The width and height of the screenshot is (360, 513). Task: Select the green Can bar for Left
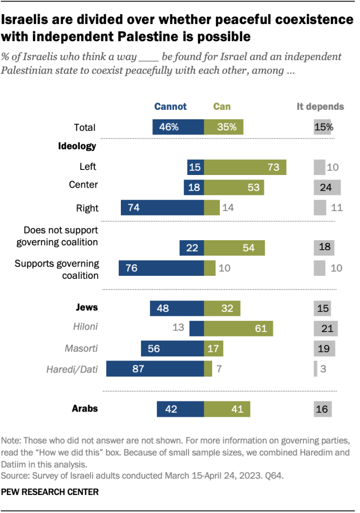click(245, 167)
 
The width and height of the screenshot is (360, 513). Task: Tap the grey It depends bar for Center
click(327, 187)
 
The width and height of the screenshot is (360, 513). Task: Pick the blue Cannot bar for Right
click(162, 207)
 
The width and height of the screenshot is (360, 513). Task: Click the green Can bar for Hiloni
click(239, 328)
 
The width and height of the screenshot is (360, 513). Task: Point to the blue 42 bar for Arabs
click(181, 409)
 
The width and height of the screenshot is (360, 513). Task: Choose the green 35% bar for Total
click(224, 127)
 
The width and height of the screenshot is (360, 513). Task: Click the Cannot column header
click(170, 106)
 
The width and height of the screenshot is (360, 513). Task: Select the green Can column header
click(222, 106)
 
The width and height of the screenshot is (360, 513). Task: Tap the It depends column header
click(326, 106)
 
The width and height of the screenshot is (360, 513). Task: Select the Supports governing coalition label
click(57, 269)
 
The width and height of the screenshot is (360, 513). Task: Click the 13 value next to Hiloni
click(178, 328)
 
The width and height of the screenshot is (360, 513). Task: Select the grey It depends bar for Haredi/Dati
click(315, 370)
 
